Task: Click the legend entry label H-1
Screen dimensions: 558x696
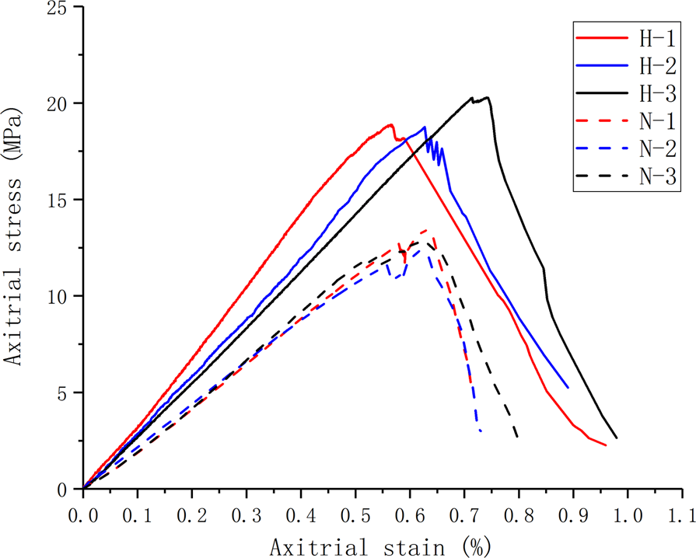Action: (658, 36)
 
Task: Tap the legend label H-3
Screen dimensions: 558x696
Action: (658, 92)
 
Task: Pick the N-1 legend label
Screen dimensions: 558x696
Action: (658, 120)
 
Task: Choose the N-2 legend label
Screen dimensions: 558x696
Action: (658, 148)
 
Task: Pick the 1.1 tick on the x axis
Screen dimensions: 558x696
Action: (682, 515)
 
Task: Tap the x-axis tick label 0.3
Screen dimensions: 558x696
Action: (247, 515)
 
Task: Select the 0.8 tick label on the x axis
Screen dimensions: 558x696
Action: (519, 515)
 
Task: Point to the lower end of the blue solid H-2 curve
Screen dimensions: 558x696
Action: (568, 387)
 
